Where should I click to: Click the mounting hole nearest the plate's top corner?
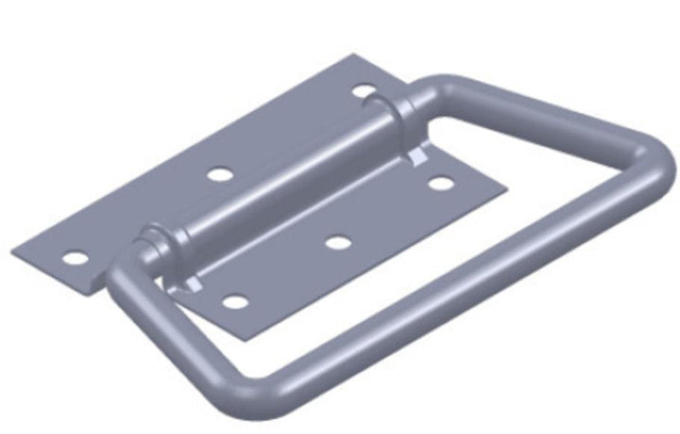[x=364, y=92]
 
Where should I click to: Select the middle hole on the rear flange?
[x=219, y=175]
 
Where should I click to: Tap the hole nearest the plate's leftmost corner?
[x=72, y=257]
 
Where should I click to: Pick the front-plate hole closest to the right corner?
[x=439, y=182]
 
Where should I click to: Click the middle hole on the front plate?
[x=337, y=242]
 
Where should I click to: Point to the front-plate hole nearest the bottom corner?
[x=234, y=303]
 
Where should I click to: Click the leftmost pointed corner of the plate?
[x=13, y=252]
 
